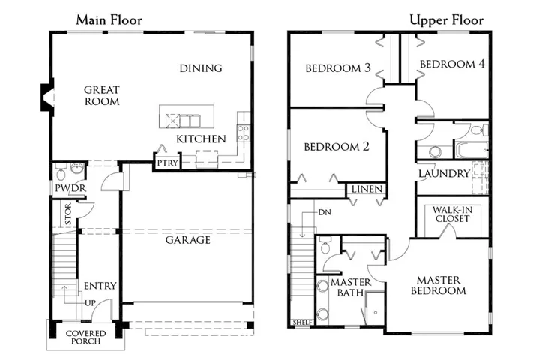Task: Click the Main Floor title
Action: tap(109, 20)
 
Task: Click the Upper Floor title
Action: tap(447, 20)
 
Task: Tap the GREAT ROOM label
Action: tap(102, 95)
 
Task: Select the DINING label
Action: tap(201, 68)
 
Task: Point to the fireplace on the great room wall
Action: tap(48, 97)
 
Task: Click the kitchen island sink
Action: tap(190, 121)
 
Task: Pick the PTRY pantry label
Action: tap(167, 163)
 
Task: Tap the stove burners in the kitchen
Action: tap(244, 133)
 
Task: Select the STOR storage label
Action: tap(68, 214)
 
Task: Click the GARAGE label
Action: tap(187, 240)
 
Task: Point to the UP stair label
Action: tap(90, 303)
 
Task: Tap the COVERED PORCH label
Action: tap(86, 337)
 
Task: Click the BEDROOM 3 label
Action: tap(338, 68)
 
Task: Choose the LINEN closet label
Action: tap(367, 189)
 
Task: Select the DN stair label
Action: tap(325, 212)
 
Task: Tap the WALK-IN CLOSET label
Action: tap(452, 214)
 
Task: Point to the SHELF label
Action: tap(303, 322)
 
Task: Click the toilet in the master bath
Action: tap(325, 245)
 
